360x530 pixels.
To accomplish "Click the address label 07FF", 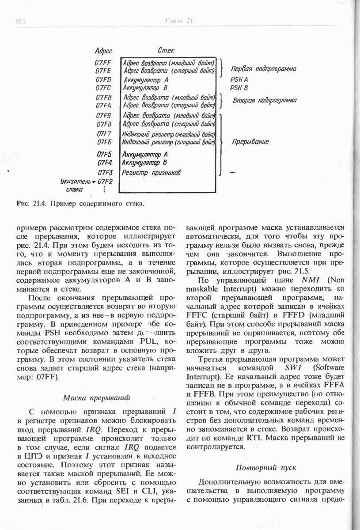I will (x=102, y=62).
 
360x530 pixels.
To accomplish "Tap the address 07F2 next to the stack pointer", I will (x=106, y=181).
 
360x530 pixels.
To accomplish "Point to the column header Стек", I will (x=166, y=51).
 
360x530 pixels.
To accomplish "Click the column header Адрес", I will (x=103, y=51).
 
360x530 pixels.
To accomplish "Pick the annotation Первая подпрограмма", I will (x=263, y=69).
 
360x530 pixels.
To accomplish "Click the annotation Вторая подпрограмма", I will (x=265, y=100).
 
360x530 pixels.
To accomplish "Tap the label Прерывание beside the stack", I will (x=250, y=142).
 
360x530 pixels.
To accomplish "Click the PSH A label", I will (x=239, y=80).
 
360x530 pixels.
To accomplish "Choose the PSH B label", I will (x=239, y=88).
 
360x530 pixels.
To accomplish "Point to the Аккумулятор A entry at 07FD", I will (x=146, y=80).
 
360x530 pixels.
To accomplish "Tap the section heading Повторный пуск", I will (x=265, y=467).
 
